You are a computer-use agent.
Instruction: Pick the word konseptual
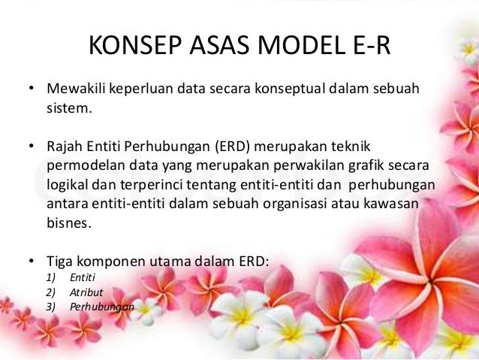click(285, 92)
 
